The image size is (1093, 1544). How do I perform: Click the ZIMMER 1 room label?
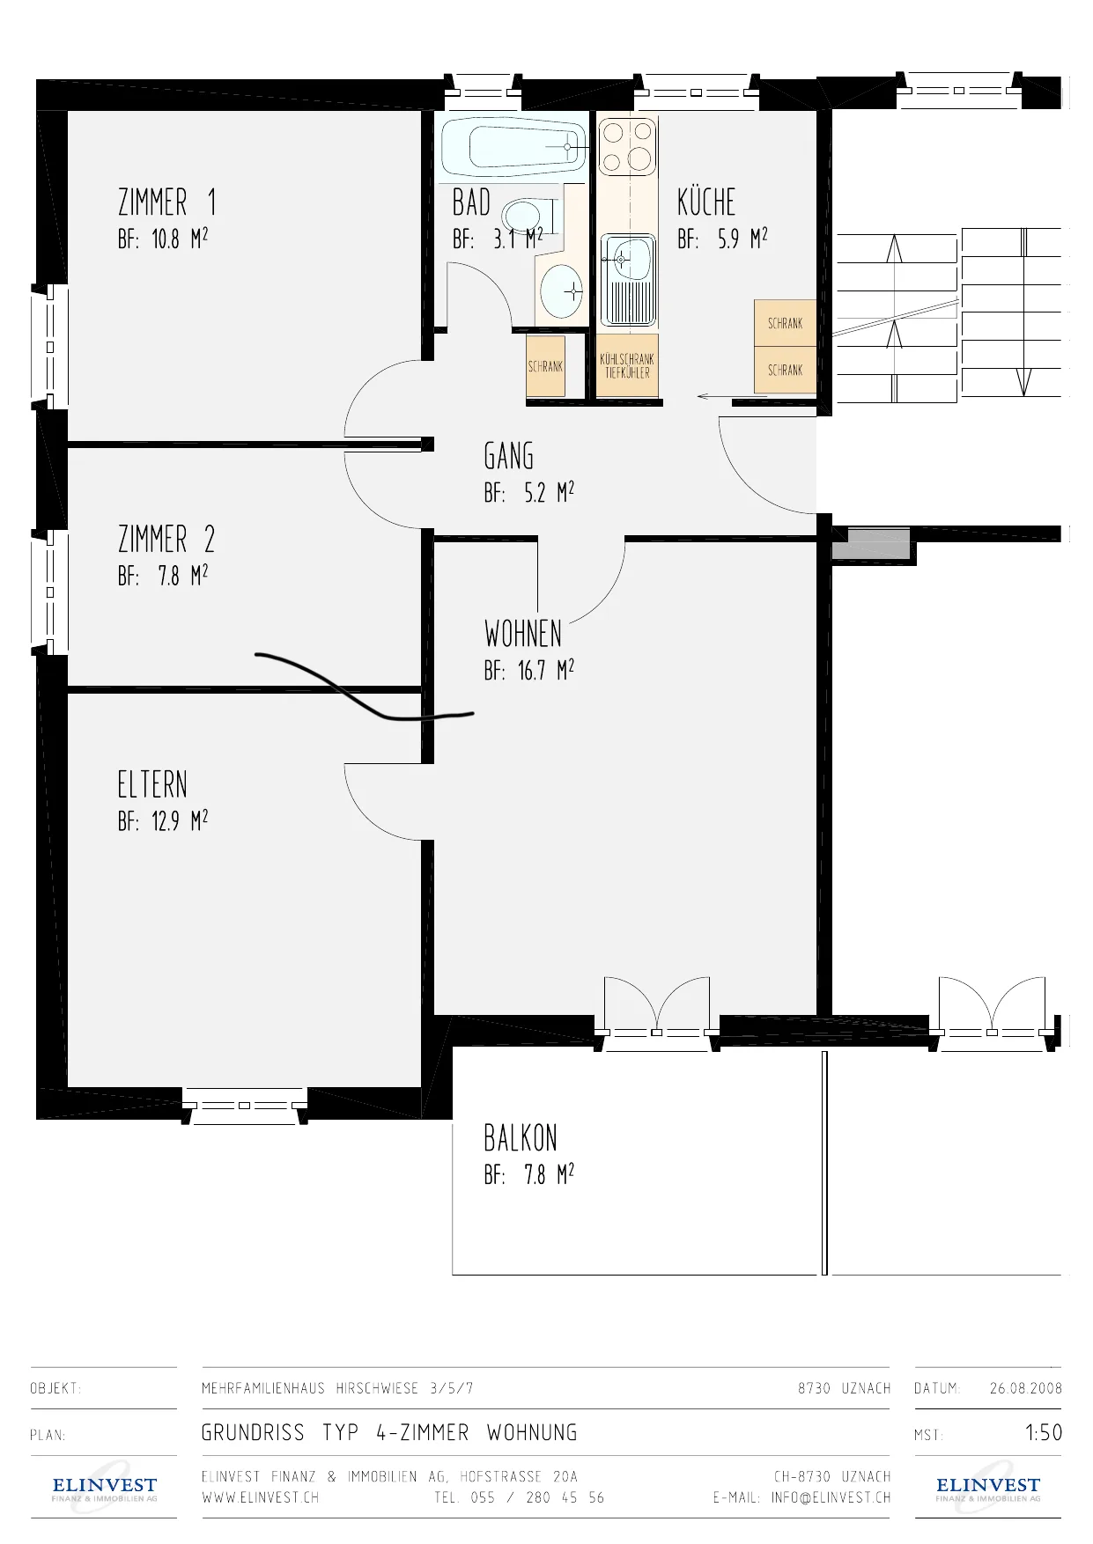point(167,202)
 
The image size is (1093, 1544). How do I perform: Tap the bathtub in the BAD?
point(513,146)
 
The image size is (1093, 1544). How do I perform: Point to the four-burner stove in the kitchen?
point(628,146)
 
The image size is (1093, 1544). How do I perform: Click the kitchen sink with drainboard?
point(628,279)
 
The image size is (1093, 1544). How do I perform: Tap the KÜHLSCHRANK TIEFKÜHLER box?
point(627,366)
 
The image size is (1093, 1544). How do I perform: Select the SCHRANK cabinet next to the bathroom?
point(545,367)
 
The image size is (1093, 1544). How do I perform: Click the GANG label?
point(509,456)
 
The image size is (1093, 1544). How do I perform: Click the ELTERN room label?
point(152,784)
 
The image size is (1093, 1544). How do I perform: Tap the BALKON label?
point(521,1138)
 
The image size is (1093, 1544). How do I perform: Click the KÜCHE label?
point(706,202)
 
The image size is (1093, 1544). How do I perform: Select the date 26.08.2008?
point(1026,1388)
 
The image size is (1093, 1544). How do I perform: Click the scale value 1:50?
point(1044,1433)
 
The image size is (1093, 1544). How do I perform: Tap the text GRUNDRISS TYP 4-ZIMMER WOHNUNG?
point(389,1433)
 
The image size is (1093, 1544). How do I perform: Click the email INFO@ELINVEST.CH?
point(831,1497)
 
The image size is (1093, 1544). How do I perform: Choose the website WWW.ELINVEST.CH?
point(261,1497)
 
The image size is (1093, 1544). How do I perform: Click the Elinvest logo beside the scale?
point(988,1488)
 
